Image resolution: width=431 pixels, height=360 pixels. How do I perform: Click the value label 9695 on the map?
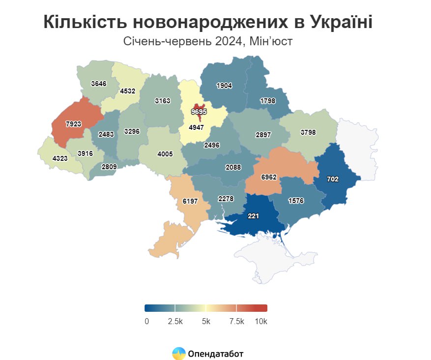(x=199, y=112)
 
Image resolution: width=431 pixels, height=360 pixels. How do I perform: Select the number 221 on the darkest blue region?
(x=253, y=215)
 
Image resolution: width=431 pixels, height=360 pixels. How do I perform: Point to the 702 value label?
(x=333, y=180)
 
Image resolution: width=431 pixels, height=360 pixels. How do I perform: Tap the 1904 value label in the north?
(x=224, y=85)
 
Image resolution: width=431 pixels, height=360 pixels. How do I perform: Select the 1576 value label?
(x=295, y=200)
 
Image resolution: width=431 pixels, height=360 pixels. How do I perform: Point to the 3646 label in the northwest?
(x=98, y=84)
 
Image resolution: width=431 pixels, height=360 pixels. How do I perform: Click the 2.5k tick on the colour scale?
(x=175, y=322)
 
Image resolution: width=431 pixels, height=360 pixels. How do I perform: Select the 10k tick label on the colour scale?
(x=261, y=322)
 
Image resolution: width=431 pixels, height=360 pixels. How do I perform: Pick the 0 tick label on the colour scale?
(x=147, y=322)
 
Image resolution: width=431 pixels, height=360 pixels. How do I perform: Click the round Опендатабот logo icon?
(x=178, y=353)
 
